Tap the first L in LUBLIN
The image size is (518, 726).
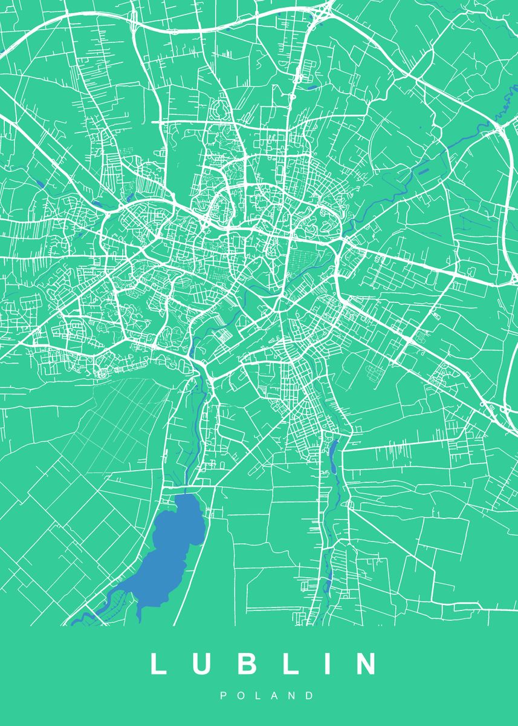[158, 664]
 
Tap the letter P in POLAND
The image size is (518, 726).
[223, 696]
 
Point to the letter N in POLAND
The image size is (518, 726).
[293, 696]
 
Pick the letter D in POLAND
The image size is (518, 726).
[310, 696]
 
